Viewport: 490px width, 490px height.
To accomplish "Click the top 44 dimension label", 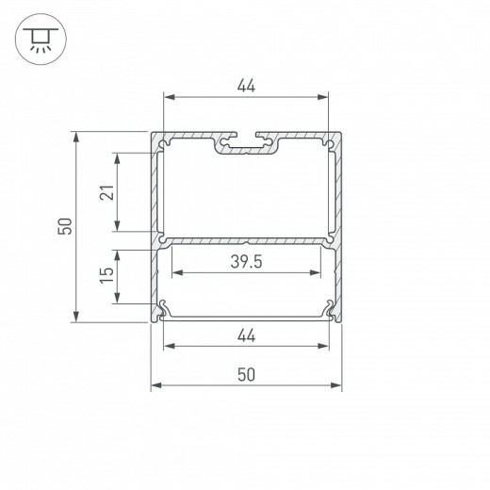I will (x=246, y=85).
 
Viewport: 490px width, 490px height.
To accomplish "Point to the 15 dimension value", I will (x=106, y=276).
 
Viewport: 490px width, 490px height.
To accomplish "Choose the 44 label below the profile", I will (x=246, y=335).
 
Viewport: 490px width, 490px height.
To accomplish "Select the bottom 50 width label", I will (x=246, y=374).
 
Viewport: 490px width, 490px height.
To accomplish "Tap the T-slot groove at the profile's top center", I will (x=246, y=145).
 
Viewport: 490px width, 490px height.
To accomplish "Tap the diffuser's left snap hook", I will (x=164, y=306).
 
